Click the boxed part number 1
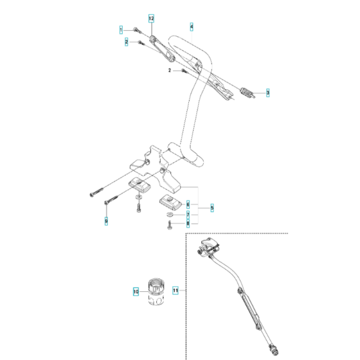click(x=120, y=30)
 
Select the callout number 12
click(x=152, y=19)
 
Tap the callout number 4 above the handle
click(x=191, y=27)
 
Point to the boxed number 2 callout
click(x=127, y=42)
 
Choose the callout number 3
click(x=268, y=93)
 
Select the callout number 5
click(x=212, y=208)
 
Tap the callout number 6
click(x=188, y=203)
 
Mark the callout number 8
click(x=188, y=224)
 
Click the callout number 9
click(x=106, y=221)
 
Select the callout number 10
click(x=135, y=291)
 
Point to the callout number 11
click(x=174, y=291)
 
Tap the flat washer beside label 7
click(x=168, y=213)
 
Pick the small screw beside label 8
click(x=169, y=224)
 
